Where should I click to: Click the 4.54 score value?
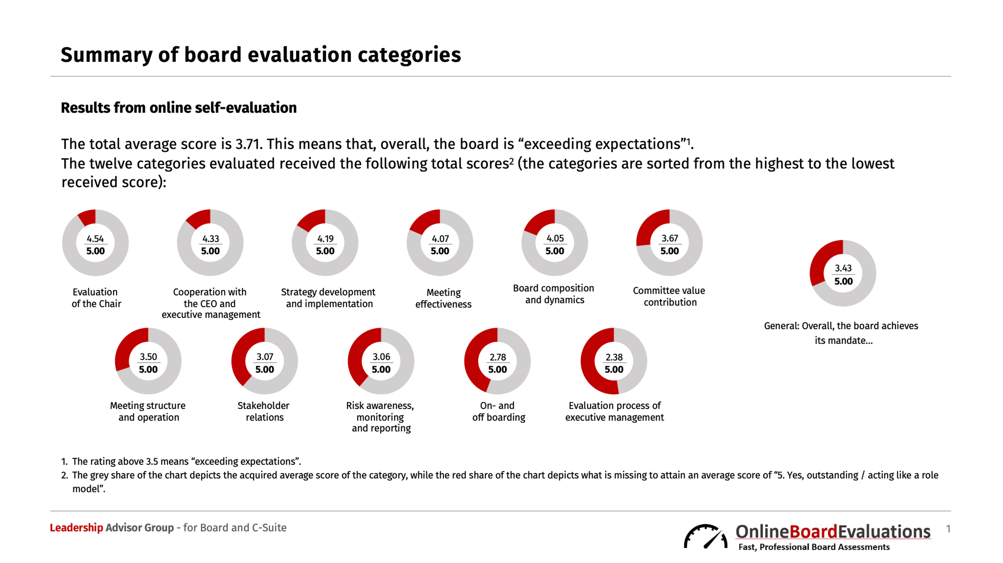point(95,238)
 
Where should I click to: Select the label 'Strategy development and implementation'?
point(328,298)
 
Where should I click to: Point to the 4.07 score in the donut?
point(440,238)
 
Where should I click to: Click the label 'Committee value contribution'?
point(669,296)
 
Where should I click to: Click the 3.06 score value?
point(381,357)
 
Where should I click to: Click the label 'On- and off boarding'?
point(498,411)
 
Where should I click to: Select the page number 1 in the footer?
point(948,529)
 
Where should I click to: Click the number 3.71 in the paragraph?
point(247,144)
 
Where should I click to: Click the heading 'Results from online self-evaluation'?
point(179,107)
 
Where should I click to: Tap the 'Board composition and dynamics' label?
point(554,294)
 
